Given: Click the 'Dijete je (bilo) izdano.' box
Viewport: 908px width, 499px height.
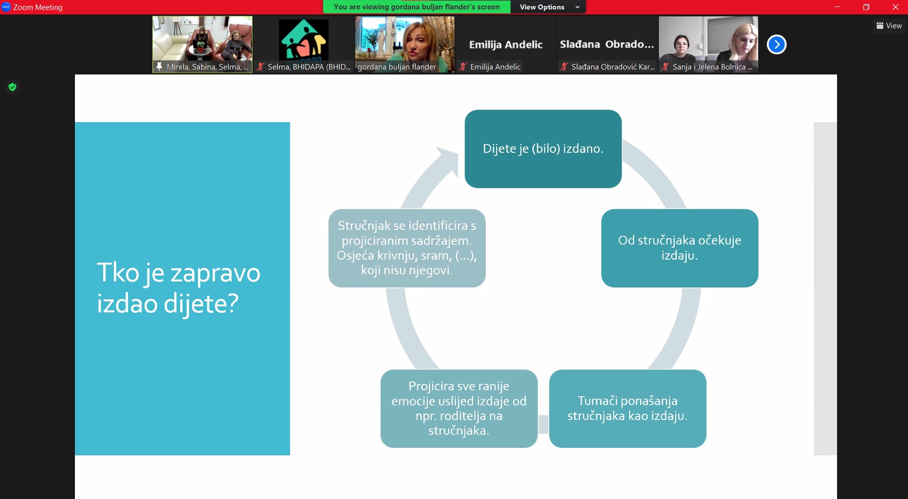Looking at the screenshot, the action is point(543,149).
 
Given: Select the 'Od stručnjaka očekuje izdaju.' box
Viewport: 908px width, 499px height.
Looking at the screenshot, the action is point(679,248).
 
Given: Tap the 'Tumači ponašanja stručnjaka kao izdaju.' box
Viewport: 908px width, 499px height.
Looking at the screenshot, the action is point(628,408).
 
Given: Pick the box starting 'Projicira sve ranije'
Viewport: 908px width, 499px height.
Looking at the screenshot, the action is point(459,408).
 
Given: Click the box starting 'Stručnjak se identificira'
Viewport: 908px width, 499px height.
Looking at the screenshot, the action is point(407,248).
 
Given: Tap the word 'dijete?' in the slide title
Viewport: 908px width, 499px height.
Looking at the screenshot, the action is point(201,304).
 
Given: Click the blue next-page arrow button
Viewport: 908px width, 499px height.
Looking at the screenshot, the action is point(777,45).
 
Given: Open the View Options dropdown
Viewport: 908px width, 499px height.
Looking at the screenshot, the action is point(548,7).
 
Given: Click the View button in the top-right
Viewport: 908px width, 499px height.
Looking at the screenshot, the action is point(889,26).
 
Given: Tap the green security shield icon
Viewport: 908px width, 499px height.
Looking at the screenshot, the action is point(12,87).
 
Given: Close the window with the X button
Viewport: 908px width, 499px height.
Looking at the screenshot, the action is point(896,7).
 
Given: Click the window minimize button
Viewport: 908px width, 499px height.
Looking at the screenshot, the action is point(838,7).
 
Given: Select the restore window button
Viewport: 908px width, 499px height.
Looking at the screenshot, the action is point(866,7).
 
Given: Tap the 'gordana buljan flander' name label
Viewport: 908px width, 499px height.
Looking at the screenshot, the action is point(396,67).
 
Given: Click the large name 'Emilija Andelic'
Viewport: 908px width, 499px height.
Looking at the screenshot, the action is point(506,45).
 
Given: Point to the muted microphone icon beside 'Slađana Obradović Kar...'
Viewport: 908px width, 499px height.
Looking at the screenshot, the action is point(564,67).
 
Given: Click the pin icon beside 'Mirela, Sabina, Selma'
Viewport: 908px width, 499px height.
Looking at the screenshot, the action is point(159,67).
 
